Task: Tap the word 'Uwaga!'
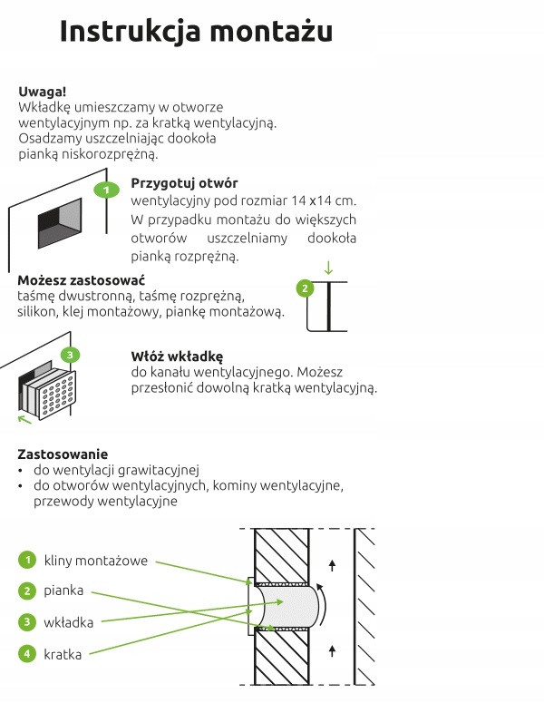[x=42, y=92]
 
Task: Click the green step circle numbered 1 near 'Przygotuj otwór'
[x=106, y=190]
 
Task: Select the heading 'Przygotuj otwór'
[x=184, y=182]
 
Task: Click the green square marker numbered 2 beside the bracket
[x=306, y=288]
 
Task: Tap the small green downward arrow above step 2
[x=328, y=268]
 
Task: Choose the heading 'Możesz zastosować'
[x=82, y=279]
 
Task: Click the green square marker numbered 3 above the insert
[x=71, y=355]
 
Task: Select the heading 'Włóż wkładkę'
[x=177, y=356]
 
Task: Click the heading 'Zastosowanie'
[x=63, y=454]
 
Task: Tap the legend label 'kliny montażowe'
[x=95, y=561]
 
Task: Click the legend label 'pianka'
[x=64, y=591]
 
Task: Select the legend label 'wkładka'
[x=69, y=621]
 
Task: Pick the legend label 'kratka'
[x=63, y=652]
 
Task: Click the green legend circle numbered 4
[x=27, y=652]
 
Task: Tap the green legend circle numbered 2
[x=27, y=591]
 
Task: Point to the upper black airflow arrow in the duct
[x=332, y=565]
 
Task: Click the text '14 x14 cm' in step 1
[x=323, y=200]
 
